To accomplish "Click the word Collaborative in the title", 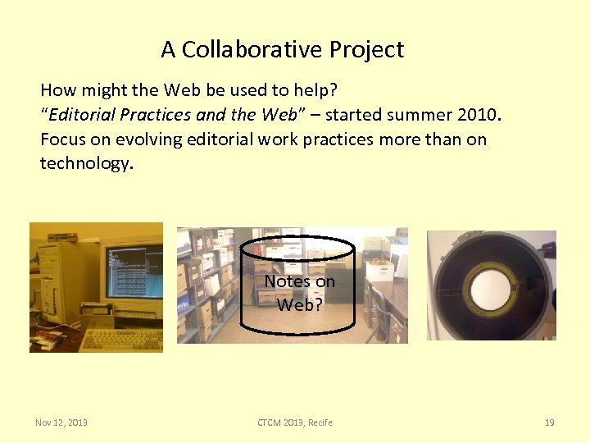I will coord(252,50).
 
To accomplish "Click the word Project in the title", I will coord(366,50).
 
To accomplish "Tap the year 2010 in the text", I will coord(474,115).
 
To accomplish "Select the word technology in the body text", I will coord(84,164).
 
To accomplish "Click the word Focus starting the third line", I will coord(62,139).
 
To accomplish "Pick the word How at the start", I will coord(56,89).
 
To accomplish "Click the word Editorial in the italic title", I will coord(83,115).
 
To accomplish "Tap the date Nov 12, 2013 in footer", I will coord(61,422).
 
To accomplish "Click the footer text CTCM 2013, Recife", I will coord(295,422).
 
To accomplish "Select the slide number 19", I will coord(549,422).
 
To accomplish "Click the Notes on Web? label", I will coord(299,293).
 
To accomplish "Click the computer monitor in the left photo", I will coord(134,270).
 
